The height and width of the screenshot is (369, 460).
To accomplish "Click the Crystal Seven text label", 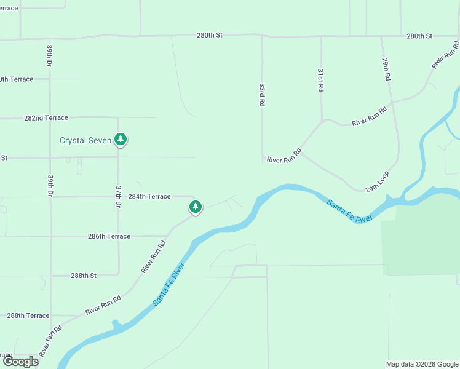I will point(85,140).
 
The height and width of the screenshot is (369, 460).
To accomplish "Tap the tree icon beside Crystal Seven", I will point(121,140).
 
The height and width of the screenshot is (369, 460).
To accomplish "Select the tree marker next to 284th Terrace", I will point(195,207).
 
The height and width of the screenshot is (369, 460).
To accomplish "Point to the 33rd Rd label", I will point(262,95).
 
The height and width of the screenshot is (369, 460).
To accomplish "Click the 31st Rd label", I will point(320,80).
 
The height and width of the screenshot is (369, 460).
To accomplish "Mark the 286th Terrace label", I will point(109,236).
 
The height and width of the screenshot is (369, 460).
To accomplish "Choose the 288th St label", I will point(84,276).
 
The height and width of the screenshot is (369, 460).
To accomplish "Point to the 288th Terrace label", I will point(28,315).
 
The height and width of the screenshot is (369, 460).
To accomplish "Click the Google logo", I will point(20,362).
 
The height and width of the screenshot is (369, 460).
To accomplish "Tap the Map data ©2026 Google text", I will point(421,364).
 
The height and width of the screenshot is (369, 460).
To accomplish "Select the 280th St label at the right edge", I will point(419,36).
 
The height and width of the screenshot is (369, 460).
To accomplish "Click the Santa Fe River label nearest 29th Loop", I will point(349,212).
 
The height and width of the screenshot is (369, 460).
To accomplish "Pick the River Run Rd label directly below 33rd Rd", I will point(284,156).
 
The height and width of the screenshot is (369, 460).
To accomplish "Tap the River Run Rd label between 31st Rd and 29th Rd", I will point(369,116).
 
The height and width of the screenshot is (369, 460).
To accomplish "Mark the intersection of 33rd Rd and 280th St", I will point(262,36).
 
